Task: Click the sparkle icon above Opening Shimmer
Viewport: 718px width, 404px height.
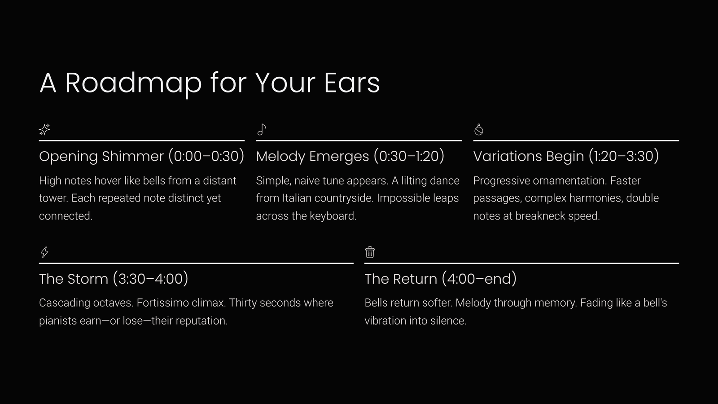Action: [x=44, y=130]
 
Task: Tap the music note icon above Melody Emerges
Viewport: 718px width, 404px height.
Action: [x=262, y=130]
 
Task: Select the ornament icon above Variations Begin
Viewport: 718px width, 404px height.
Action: [x=478, y=130]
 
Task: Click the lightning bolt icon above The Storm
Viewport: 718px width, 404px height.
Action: [x=44, y=252]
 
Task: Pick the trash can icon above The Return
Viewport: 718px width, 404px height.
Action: [x=370, y=252]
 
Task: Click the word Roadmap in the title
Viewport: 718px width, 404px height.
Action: [x=133, y=83]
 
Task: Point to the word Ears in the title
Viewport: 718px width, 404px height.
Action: [x=352, y=83]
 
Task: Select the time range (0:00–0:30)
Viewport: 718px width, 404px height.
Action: [x=206, y=156]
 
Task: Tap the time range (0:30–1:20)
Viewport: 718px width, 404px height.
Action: [x=409, y=156]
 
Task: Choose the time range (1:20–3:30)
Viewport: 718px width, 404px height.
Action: [x=624, y=156]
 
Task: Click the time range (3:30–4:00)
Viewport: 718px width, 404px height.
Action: [x=150, y=279]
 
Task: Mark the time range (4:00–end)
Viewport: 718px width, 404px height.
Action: [x=479, y=279]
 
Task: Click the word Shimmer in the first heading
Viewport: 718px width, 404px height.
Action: [x=133, y=157]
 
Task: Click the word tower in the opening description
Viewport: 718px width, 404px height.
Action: [x=53, y=198]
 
